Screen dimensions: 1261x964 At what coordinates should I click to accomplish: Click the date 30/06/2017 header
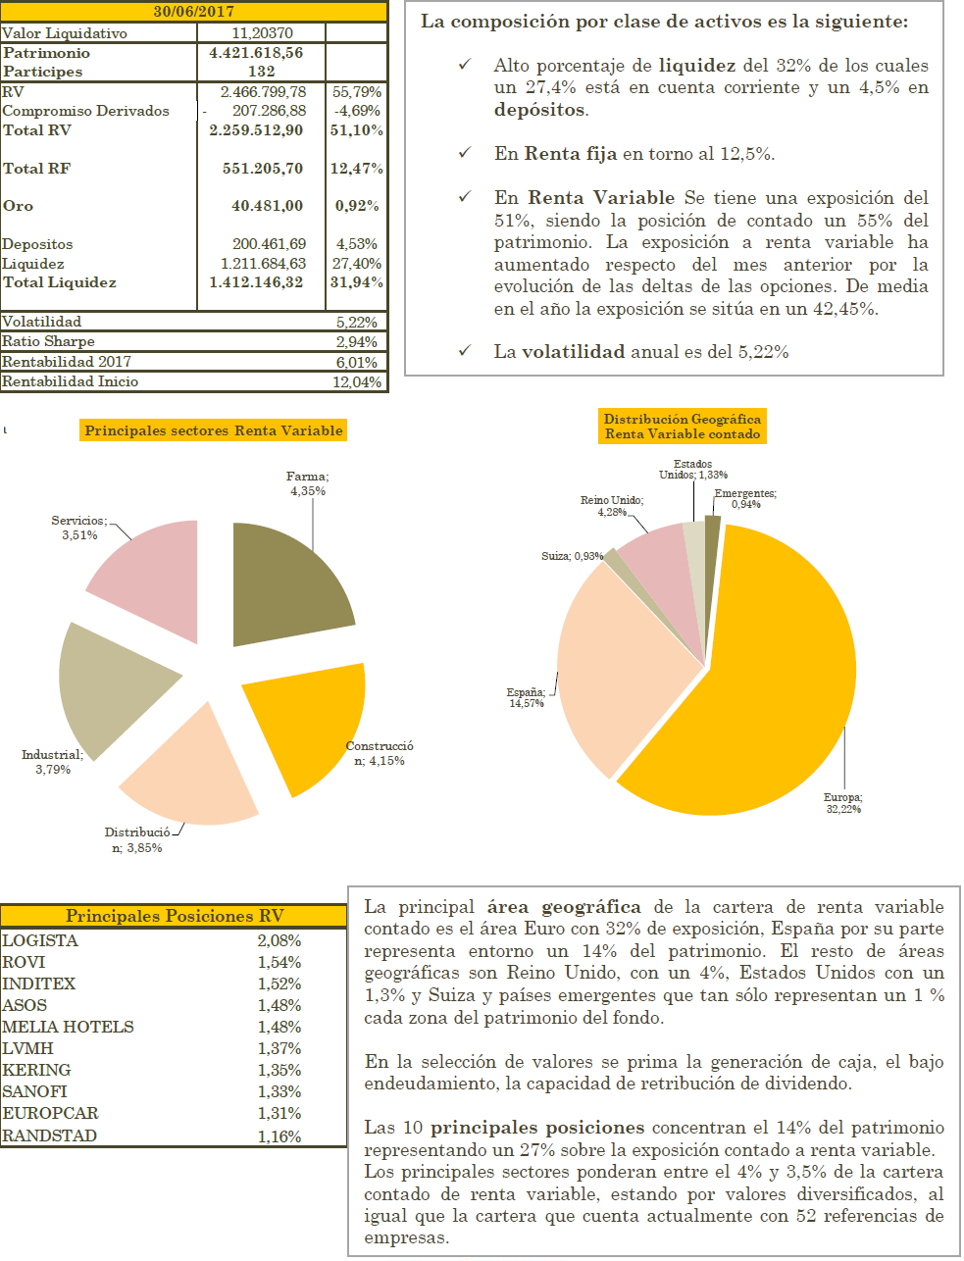click(194, 12)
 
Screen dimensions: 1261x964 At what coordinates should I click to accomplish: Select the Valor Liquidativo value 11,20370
click(262, 32)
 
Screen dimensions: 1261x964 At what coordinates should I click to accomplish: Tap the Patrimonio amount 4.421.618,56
click(256, 52)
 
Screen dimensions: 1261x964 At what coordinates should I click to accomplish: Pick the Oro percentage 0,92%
click(357, 206)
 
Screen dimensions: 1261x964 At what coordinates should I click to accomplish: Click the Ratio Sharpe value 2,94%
click(356, 341)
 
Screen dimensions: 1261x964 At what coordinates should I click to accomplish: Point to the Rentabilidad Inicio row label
click(70, 381)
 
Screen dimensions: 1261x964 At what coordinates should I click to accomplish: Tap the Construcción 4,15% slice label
click(380, 753)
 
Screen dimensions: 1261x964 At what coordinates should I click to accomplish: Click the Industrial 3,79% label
click(53, 762)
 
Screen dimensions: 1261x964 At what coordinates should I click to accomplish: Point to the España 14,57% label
click(526, 697)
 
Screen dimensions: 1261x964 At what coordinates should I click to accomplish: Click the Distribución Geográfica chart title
click(683, 427)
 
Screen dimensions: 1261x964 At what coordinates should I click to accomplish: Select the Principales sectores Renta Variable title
click(214, 430)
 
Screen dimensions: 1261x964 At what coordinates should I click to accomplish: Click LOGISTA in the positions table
click(40, 940)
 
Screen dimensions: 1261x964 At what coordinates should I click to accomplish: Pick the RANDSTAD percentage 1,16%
click(279, 1136)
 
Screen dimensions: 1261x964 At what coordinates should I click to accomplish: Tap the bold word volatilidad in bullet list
click(573, 351)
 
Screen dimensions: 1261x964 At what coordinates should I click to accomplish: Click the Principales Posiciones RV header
click(175, 916)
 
